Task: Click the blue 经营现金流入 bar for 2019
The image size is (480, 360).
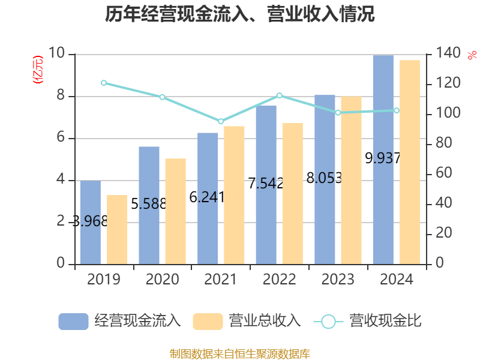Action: click(x=91, y=223)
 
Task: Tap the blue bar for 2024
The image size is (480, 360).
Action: click(x=383, y=159)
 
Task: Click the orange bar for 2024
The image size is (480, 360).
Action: click(x=410, y=162)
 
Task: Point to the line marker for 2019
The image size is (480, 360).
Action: click(x=104, y=83)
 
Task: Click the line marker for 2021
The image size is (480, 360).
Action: click(x=221, y=121)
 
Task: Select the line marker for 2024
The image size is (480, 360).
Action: click(x=396, y=110)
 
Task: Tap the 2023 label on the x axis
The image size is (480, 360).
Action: click(x=338, y=280)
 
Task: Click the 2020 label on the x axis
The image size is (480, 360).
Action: click(x=162, y=280)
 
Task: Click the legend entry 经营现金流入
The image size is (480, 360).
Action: click(x=120, y=321)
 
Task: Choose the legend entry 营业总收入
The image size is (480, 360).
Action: click(x=247, y=321)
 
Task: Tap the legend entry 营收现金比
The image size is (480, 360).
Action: click(x=368, y=321)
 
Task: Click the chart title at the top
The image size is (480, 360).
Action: click(x=240, y=14)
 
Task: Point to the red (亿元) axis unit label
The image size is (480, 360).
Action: click(x=38, y=70)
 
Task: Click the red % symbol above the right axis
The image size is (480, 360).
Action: click(x=472, y=55)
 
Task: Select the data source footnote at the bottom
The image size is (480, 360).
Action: click(x=240, y=353)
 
